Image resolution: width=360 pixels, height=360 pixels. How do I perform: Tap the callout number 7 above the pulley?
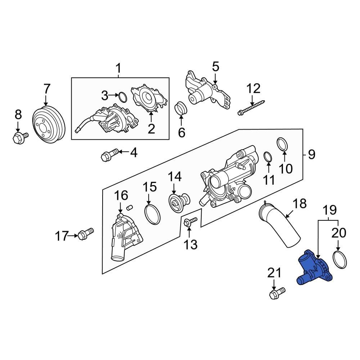(x=47, y=89)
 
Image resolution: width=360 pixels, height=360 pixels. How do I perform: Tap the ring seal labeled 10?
(x=283, y=144)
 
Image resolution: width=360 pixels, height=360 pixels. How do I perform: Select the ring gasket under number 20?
(x=340, y=260)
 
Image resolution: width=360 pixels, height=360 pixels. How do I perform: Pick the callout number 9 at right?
(x=312, y=154)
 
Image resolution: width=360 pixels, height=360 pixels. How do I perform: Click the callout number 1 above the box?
(x=119, y=68)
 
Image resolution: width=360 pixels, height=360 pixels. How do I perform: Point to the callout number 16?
(x=121, y=196)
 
